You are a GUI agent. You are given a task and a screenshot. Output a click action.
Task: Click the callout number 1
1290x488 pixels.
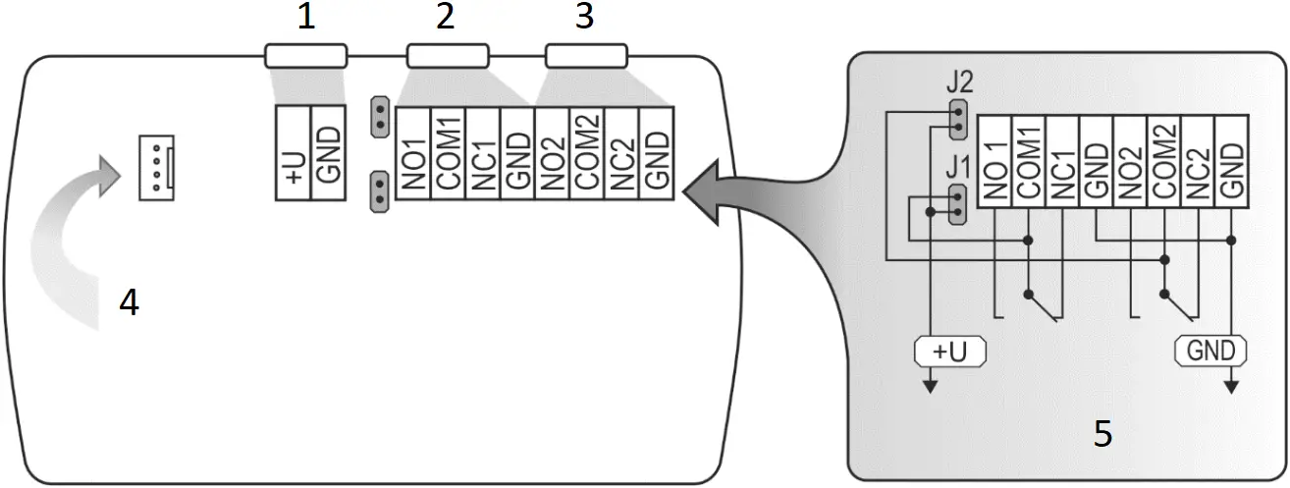[x=306, y=19]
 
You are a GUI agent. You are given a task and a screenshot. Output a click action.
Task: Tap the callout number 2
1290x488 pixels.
[x=446, y=19]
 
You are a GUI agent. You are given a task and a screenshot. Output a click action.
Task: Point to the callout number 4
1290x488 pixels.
[x=129, y=303]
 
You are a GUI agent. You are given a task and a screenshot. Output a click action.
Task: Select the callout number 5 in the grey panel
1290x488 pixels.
[x=1103, y=433]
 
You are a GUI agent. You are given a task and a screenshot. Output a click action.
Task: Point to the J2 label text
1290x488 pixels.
[x=961, y=79]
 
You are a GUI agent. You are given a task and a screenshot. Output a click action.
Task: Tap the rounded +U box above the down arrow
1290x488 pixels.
[x=949, y=351]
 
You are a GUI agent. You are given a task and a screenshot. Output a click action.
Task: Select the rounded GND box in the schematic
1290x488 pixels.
[x=1211, y=351]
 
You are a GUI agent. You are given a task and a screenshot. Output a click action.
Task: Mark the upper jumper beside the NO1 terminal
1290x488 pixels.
[x=379, y=117]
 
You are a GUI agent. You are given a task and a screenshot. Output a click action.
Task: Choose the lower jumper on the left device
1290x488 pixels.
[x=379, y=191]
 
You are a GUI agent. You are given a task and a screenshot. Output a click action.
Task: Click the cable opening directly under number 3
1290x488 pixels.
[x=586, y=56]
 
